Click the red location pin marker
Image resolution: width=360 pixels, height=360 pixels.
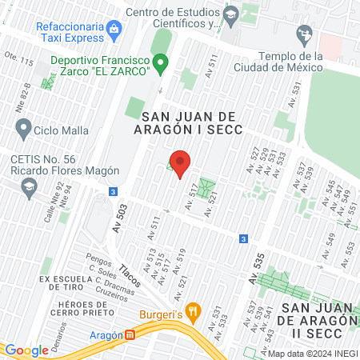pyautogui.click(x=181, y=163)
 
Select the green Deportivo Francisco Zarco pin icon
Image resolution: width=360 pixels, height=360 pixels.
pyautogui.click(x=161, y=62)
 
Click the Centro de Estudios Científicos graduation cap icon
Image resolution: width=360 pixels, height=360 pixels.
pyautogui.click(x=230, y=15)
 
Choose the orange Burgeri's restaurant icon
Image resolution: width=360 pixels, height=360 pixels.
pyautogui.click(x=191, y=311)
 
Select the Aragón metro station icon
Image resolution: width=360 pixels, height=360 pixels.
pyautogui.click(x=130, y=335)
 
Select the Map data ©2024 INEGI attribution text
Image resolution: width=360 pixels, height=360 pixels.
pyautogui.click(x=312, y=354)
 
